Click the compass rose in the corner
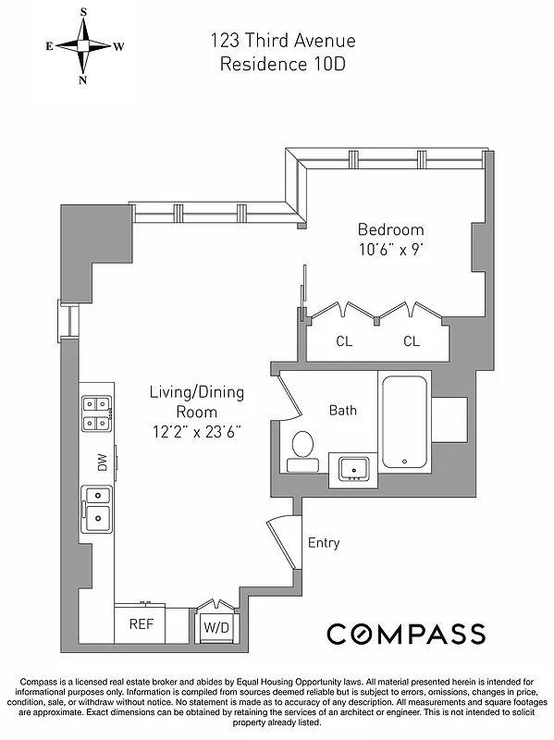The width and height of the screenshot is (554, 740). click(83, 45)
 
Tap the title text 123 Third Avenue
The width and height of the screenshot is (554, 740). click(282, 41)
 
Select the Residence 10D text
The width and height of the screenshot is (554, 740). click(282, 64)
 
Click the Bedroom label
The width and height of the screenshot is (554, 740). click(390, 229)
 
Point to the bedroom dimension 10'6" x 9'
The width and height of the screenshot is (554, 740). click(390, 249)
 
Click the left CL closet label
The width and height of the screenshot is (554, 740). click(344, 341)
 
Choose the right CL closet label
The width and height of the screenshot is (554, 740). click(412, 341)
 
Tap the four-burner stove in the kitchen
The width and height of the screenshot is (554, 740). click(96, 413)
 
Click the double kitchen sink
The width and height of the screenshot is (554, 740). click(96, 509)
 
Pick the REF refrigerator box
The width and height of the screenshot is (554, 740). click(141, 623)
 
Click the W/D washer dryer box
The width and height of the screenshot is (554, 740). click(215, 625)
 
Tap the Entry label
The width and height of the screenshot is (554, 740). click(323, 543)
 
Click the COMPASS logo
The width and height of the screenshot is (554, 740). click(405, 634)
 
